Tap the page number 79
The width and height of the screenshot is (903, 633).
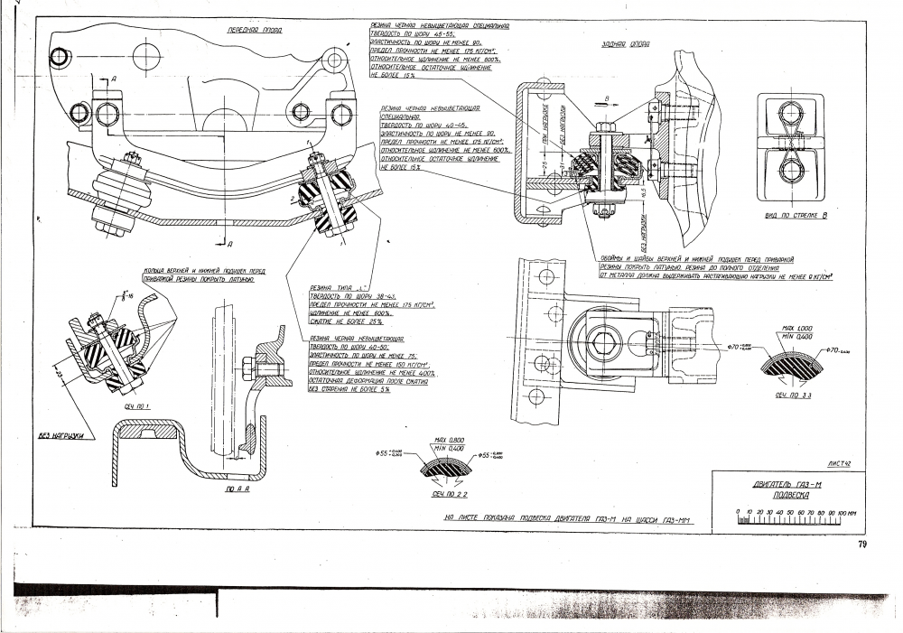pos(862,544)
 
